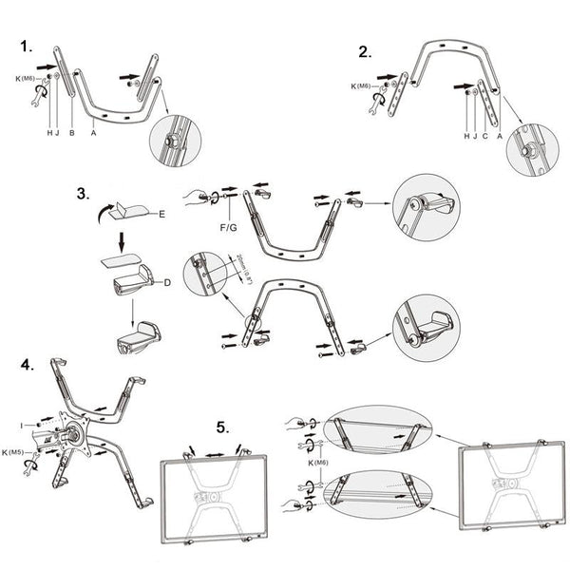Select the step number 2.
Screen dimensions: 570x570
[x=365, y=51]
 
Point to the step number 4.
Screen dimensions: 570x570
[x=28, y=364]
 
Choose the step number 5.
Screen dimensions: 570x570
[x=222, y=428]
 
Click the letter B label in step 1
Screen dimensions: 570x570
[x=71, y=134]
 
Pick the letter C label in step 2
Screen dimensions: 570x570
[x=486, y=135]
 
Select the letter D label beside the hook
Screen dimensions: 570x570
[x=167, y=282]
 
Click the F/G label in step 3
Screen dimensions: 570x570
[x=228, y=228]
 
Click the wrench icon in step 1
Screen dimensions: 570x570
[x=37, y=97]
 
